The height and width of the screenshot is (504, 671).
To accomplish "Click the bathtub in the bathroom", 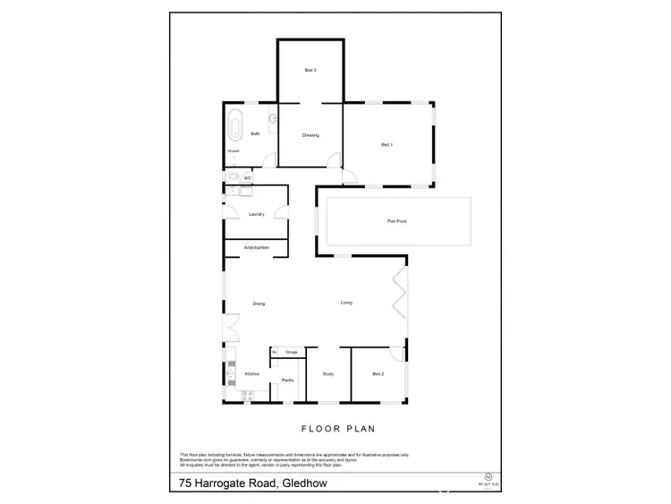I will tap(235, 124).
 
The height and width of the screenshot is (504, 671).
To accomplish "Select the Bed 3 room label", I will tap(310, 70).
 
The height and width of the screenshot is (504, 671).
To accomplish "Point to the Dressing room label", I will tap(310, 135).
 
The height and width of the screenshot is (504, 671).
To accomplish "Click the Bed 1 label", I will tap(386, 144).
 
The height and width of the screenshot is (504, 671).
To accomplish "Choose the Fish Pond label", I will tap(397, 220).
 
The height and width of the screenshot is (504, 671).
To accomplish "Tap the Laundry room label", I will tap(256, 215).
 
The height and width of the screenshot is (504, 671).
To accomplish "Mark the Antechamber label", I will tap(256, 247).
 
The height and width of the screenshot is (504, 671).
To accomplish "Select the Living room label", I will tap(346, 303).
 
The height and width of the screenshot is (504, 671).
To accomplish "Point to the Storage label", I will tap(291, 353).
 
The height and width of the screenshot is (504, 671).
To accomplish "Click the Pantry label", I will tap(287, 380).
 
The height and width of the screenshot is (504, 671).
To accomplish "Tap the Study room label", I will tap(327, 373).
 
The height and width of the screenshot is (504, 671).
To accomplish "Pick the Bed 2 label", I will tap(378, 373).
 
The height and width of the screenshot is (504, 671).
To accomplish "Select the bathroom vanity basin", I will tap(272, 117).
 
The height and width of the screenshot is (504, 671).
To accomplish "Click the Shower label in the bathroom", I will tap(233, 151).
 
